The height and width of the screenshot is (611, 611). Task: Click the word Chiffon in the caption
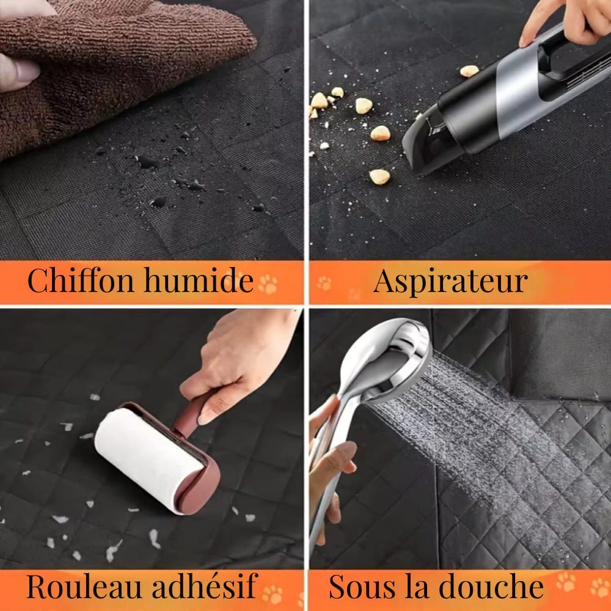pyautogui.click(x=81, y=280)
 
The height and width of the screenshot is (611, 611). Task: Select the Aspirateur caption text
pyautogui.click(x=450, y=281)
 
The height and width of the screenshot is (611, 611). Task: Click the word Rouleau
pyautogui.click(x=83, y=586)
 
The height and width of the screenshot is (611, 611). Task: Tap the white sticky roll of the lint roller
pyautogui.click(x=148, y=460)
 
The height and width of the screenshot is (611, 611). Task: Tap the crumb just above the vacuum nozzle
pyautogui.click(x=469, y=71)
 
